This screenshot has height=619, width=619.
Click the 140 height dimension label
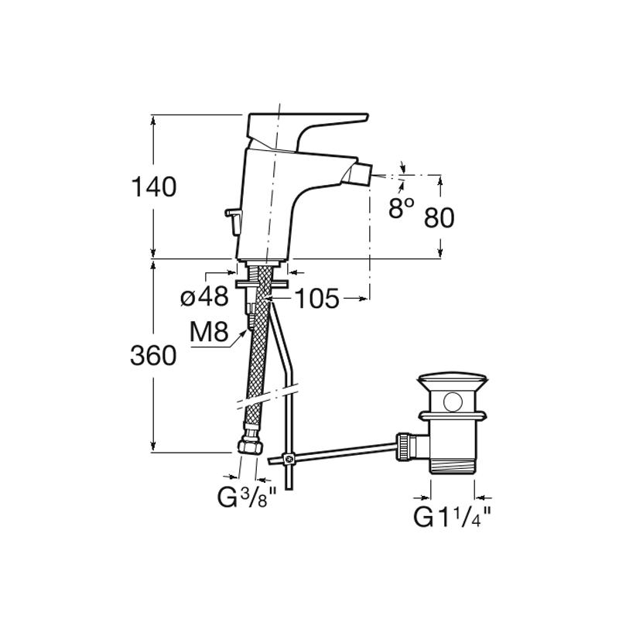[153, 186]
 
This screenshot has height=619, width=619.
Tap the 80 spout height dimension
[439, 217]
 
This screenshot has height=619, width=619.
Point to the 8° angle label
[401, 208]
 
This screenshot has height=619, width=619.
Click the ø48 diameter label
[204, 296]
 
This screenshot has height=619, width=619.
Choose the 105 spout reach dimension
[317, 299]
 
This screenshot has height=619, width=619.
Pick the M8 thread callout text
[209, 332]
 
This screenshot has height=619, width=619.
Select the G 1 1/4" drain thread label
[453, 517]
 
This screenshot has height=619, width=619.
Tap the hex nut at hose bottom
[250, 446]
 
